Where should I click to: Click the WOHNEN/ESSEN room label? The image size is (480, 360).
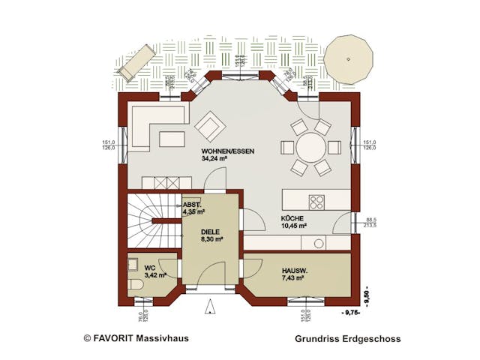(227, 151)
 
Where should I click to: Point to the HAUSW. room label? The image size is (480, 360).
(295, 270)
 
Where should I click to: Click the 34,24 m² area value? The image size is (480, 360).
(216, 159)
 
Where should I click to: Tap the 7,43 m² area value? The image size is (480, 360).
(292, 278)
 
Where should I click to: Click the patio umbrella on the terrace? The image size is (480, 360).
(349, 58)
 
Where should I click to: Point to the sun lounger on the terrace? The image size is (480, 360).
(136, 61)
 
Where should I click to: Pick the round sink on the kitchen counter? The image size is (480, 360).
(319, 243)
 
